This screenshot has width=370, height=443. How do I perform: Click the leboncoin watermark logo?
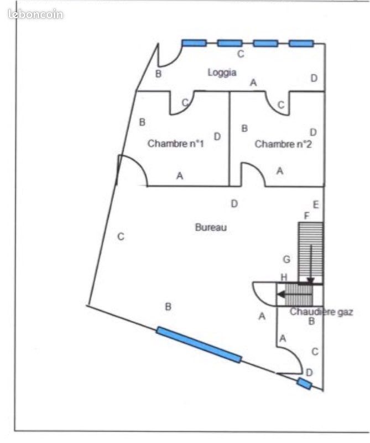point(35,14)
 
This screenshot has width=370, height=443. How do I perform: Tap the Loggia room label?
point(222,73)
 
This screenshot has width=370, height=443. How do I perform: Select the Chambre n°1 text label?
point(175,143)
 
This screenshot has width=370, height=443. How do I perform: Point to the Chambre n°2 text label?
point(283,144)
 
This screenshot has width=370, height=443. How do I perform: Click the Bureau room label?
point(211,227)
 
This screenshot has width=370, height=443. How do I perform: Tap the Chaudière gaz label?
point(321,312)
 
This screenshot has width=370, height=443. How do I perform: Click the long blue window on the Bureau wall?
point(199,344)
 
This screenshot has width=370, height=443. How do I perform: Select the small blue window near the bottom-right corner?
point(304,384)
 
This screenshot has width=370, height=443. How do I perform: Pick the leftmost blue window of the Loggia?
point(194,43)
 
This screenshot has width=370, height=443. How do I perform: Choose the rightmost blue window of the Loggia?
point(301,44)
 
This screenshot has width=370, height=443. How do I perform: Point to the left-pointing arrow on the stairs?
point(295,295)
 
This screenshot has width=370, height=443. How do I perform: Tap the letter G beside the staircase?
point(286,259)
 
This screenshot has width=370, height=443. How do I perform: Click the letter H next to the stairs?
point(284,277)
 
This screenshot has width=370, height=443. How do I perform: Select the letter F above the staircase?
point(306,216)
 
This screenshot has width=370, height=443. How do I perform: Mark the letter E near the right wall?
point(316,204)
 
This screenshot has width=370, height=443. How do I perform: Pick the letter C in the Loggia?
point(241,54)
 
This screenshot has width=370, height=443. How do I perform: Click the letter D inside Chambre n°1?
point(217,137)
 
